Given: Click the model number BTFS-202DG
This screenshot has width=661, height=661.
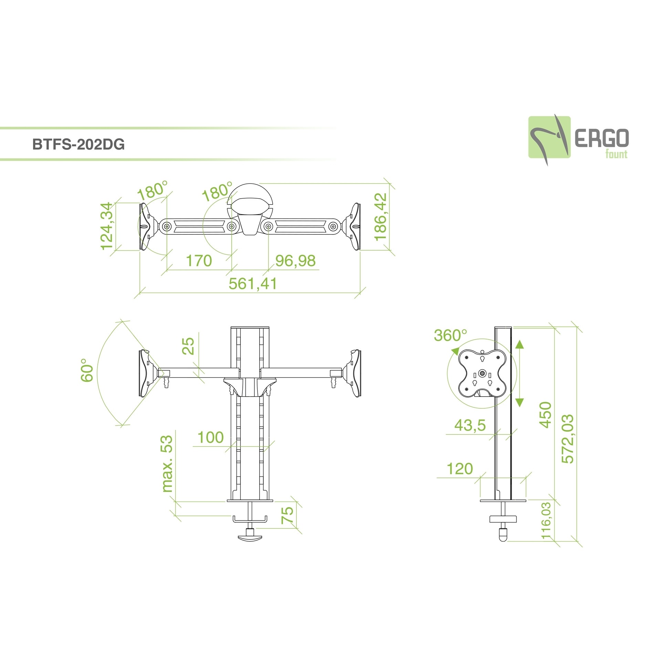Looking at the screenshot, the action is [x=78, y=145].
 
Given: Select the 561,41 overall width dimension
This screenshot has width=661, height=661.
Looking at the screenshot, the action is [x=253, y=284].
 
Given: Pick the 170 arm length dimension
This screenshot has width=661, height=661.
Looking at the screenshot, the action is [x=199, y=261].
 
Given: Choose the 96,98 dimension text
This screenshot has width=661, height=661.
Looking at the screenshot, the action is [x=295, y=261].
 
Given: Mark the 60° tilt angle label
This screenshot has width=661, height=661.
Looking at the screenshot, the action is [x=87, y=370].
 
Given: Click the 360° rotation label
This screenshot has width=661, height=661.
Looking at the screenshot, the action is [x=450, y=335].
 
